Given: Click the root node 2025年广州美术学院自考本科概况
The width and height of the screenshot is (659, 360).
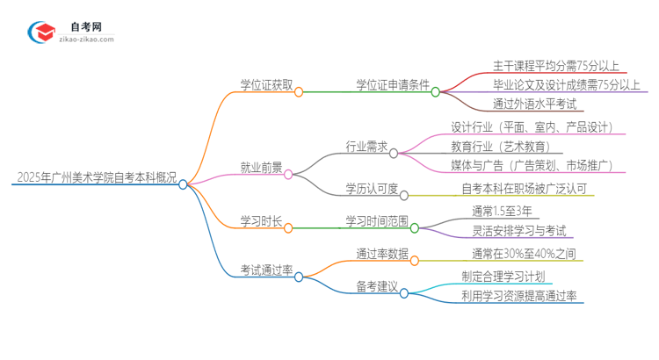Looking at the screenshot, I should click(x=95, y=177).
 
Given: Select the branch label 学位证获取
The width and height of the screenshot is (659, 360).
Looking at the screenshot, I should click(x=267, y=85).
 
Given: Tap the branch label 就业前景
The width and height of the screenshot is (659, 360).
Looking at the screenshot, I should click(x=261, y=167).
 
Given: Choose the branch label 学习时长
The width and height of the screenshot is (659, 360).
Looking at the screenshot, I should click(x=261, y=220).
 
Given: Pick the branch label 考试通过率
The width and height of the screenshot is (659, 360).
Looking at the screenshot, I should click(x=267, y=270).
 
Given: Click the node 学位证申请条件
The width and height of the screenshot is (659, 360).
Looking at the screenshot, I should click(x=392, y=85).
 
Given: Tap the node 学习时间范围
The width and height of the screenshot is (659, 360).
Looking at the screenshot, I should click(x=377, y=221).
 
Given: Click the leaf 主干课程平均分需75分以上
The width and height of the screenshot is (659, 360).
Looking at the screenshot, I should click(x=556, y=65).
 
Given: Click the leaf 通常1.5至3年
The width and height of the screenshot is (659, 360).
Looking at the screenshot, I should click(x=501, y=211).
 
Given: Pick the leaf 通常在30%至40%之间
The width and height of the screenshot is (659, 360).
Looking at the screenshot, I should click(x=522, y=254).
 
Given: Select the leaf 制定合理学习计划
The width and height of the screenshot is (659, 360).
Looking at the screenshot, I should click(x=508, y=276).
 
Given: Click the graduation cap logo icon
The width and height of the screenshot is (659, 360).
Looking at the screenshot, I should click(x=41, y=31).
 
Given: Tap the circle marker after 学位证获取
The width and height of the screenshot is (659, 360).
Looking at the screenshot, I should click(x=299, y=91).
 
